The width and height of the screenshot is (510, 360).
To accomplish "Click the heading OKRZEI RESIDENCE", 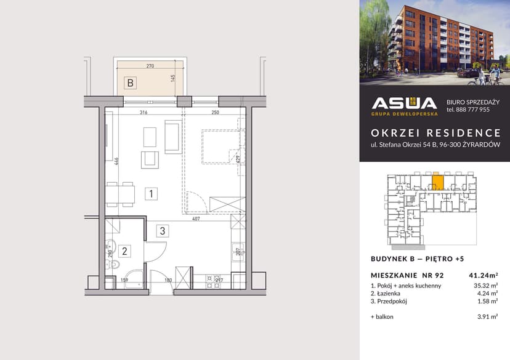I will tap(435, 133).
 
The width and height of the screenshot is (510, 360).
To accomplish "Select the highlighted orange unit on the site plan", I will tap(438, 182).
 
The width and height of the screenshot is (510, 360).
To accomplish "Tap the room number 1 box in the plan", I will tap(151, 194).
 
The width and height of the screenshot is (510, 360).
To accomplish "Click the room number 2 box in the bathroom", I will tap(124, 250).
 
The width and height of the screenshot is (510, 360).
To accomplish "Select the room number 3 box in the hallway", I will tap(162, 231).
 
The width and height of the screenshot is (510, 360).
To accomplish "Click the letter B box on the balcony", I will tap(130, 82).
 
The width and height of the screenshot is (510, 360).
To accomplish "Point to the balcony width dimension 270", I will tap(150, 66).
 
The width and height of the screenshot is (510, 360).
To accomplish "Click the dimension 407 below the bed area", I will tap(195, 219).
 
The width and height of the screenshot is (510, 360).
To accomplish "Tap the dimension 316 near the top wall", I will tap(144, 113).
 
